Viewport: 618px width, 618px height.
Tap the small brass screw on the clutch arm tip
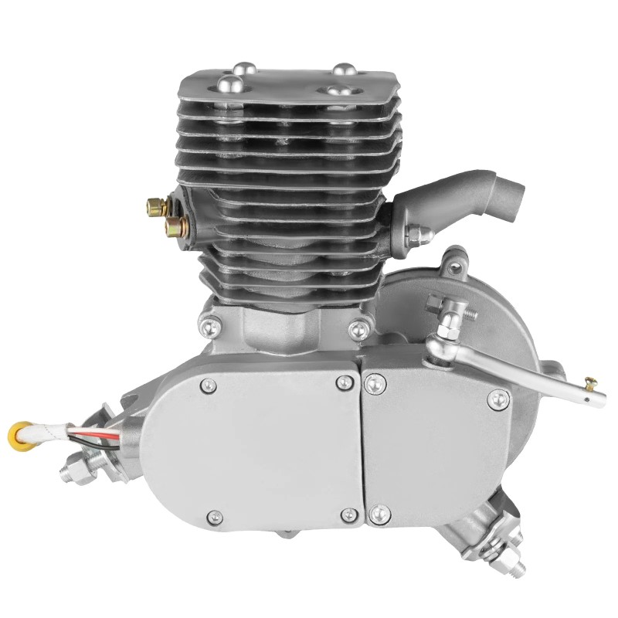click(x=592, y=382)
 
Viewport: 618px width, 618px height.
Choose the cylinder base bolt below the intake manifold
click(x=357, y=330)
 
